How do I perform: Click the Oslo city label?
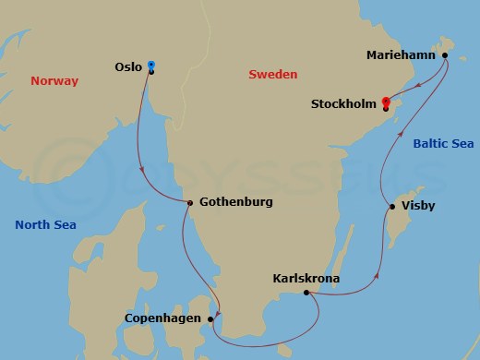(x=127, y=66)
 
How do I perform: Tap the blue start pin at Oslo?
(x=151, y=65)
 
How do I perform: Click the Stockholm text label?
(x=344, y=104)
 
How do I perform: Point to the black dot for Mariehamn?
(x=445, y=55)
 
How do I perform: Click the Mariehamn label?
(x=402, y=55)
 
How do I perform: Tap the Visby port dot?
(x=392, y=206)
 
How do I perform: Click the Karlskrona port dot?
(x=306, y=294)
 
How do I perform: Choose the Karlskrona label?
(x=306, y=278)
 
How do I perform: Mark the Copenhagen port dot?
(x=212, y=319)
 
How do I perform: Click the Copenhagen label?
(x=163, y=319)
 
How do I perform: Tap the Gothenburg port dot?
(x=188, y=203)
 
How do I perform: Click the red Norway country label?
(x=55, y=81)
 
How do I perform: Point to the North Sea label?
(x=45, y=224)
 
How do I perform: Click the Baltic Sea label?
(x=443, y=143)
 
